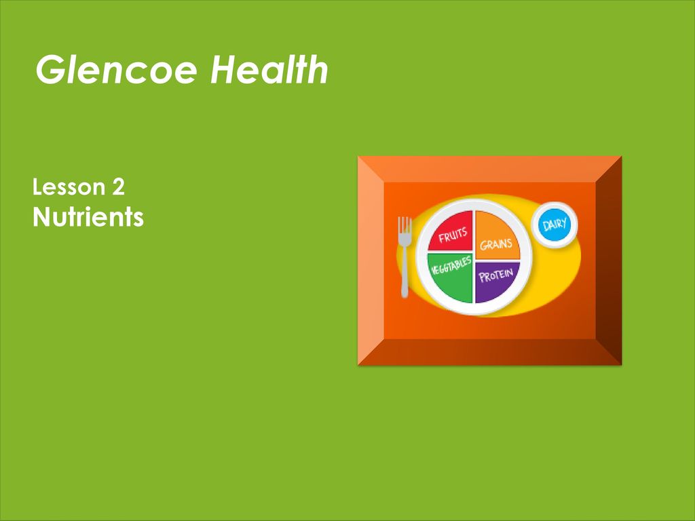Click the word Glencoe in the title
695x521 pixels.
click(x=117, y=70)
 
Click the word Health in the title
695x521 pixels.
click(x=269, y=69)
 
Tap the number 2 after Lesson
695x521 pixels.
click(x=118, y=187)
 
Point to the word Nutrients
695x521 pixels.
click(x=88, y=217)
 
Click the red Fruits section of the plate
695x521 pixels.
click(x=451, y=231)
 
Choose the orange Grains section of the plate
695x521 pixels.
click(x=497, y=235)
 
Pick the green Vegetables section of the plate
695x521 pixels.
click(x=451, y=277)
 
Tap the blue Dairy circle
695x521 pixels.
click(x=555, y=225)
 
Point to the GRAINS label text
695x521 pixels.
click(x=496, y=244)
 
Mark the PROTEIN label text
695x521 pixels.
click(x=496, y=275)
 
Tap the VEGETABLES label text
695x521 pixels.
click(x=451, y=265)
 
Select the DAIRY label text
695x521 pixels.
click(x=555, y=225)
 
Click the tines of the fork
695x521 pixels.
click(x=405, y=226)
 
